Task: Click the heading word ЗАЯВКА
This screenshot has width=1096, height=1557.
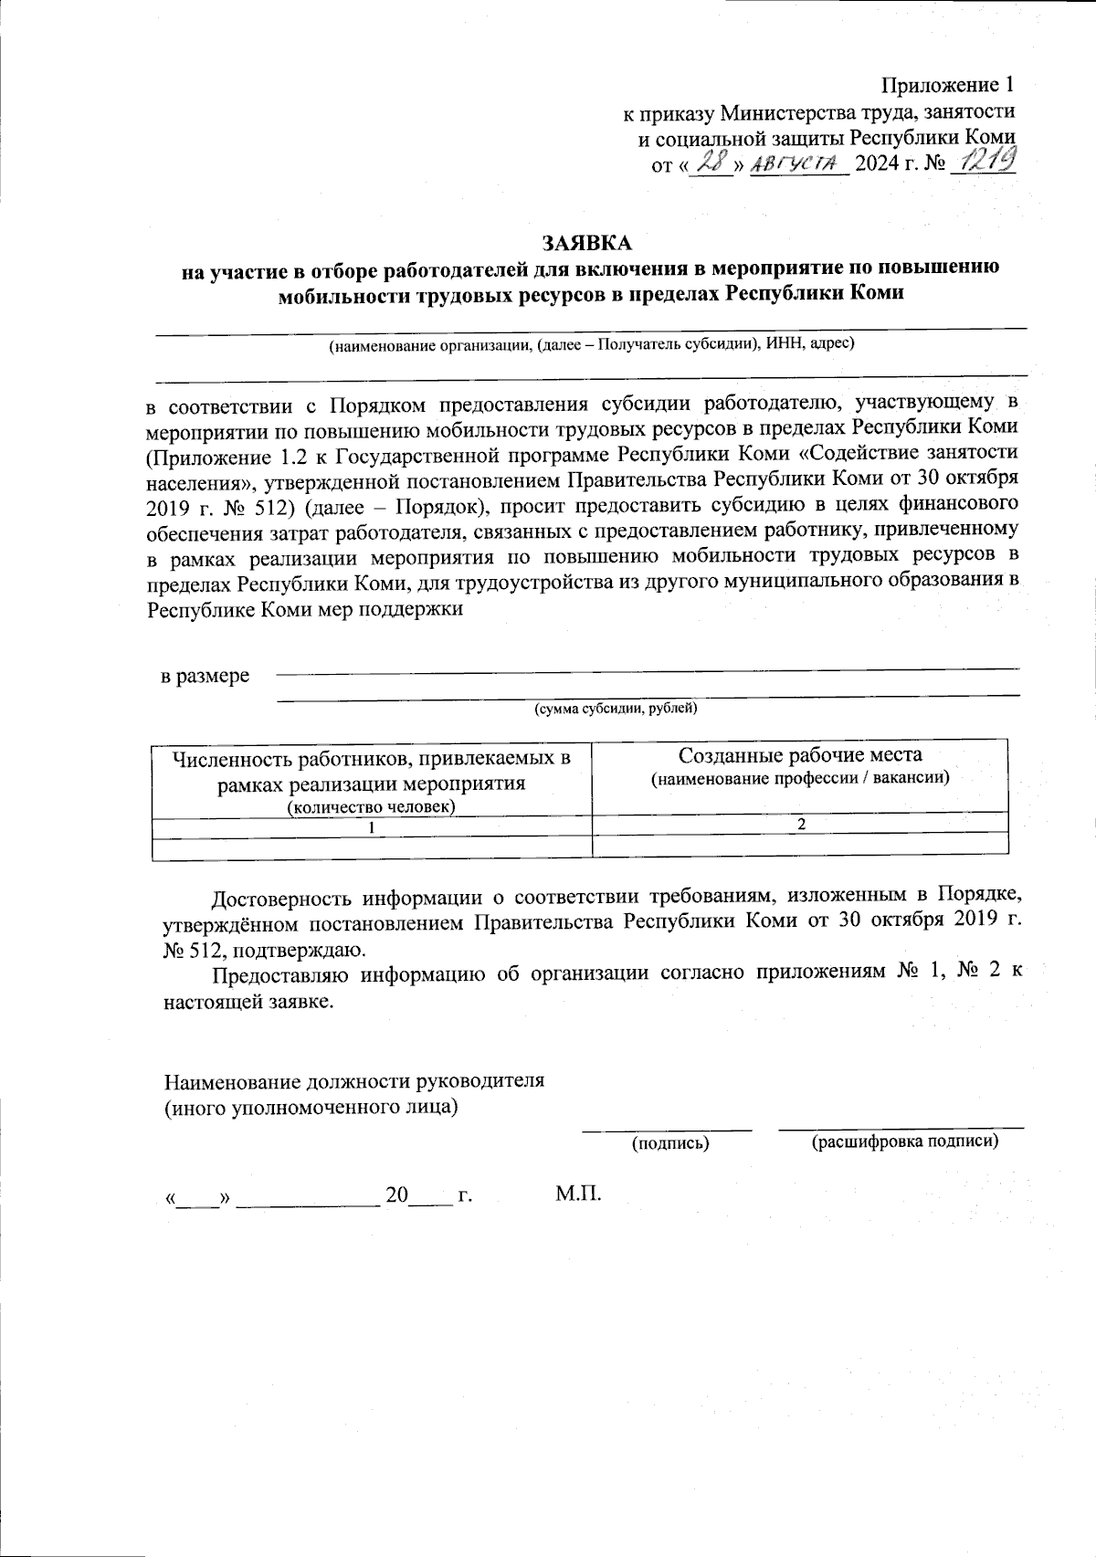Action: pos(586,244)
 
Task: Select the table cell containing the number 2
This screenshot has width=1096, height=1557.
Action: pos(801,824)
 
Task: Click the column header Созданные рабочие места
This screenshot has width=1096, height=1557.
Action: pos(800,755)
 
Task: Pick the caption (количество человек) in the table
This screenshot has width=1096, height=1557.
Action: pos(372,807)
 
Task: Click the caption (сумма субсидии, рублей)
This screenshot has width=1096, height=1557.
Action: pos(616,709)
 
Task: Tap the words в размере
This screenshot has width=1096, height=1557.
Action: pos(205,677)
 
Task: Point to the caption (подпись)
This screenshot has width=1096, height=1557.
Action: pos(670,1142)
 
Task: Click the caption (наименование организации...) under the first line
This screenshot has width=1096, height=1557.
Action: pos(591,344)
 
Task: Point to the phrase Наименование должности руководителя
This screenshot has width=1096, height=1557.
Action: pos(354,1081)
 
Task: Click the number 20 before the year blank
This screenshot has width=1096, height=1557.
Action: pos(396,1195)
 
